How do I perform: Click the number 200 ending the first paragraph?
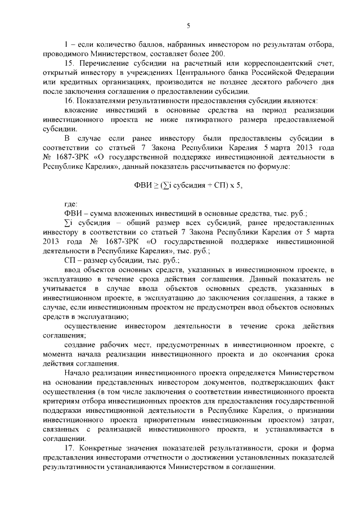218,53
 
